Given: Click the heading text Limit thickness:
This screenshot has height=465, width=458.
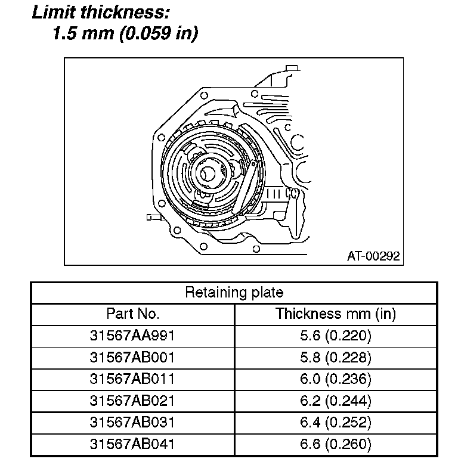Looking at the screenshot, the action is click(x=101, y=13).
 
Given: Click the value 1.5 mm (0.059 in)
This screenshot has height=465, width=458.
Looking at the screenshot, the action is click(x=125, y=33).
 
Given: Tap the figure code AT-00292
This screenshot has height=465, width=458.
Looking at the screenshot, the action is click(x=373, y=256).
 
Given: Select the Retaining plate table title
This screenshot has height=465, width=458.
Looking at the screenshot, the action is click(x=234, y=292).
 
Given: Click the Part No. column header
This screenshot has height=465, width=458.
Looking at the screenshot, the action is click(x=133, y=314).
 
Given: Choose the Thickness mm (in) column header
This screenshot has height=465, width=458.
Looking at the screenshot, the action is click(x=336, y=314).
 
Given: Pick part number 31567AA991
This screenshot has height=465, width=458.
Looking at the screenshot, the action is click(x=132, y=336).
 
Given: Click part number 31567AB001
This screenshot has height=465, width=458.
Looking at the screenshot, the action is click(x=132, y=357).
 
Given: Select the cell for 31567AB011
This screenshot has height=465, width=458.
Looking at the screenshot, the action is click(x=132, y=379).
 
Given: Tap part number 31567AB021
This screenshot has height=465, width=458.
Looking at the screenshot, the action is click(x=132, y=401).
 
